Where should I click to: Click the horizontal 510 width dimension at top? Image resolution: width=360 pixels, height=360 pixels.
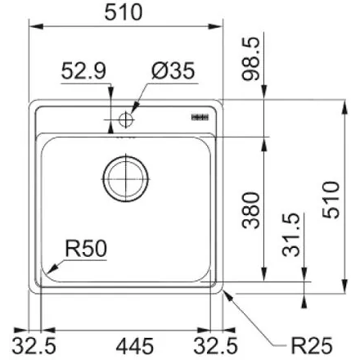[125, 12]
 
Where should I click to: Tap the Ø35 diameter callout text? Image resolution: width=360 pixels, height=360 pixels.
[172, 73]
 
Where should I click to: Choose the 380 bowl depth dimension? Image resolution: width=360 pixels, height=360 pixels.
[252, 209]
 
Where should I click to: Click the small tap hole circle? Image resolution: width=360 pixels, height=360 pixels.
[125, 119]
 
